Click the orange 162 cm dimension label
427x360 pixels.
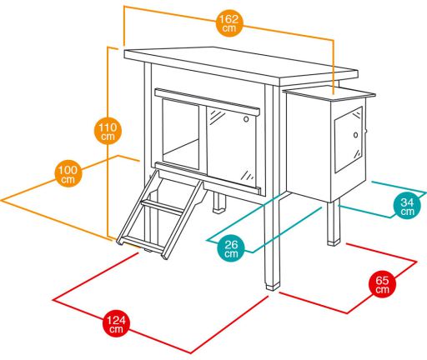click(x=229, y=23)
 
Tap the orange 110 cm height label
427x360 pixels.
click(x=108, y=131)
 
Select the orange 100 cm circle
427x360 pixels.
click(x=68, y=173)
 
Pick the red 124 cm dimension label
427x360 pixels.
click(x=116, y=323)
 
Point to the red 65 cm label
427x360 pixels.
click(x=382, y=284)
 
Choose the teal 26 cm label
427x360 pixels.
click(x=231, y=248)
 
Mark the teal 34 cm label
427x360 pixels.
click(x=407, y=206)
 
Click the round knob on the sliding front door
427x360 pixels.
click(x=246, y=119)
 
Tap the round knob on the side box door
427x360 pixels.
click(x=356, y=135)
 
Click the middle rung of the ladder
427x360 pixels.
click(x=162, y=207)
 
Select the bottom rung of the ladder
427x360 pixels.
click(x=142, y=244)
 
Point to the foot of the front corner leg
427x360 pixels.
click(x=273, y=286)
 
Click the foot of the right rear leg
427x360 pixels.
click(x=334, y=242)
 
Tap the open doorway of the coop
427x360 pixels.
click(x=181, y=134)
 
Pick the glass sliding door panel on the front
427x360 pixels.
click(x=231, y=147)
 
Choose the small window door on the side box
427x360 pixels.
click(x=349, y=140)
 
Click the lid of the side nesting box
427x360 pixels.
click(x=329, y=93)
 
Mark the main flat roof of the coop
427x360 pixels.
click(x=241, y=66)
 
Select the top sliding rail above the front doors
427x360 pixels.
click(x=207, y=102)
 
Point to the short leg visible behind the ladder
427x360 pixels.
click(x=219, y=202)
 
